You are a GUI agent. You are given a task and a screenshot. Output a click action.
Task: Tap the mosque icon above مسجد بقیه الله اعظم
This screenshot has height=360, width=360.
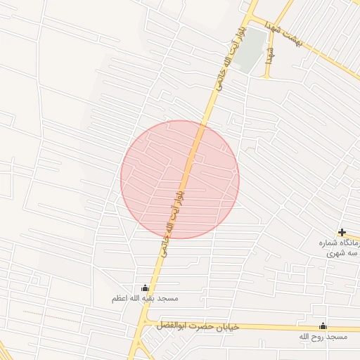coord(146,288)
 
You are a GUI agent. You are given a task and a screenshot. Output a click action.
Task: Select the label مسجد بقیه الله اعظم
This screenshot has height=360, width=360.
coord(146,298)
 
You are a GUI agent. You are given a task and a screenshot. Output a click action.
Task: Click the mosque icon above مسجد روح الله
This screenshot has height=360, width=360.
coord(323,326)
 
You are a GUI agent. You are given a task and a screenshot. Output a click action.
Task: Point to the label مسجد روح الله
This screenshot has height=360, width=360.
coord(323,338)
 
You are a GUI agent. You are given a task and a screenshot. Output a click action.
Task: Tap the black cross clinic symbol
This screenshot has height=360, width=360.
coord(342,232)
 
